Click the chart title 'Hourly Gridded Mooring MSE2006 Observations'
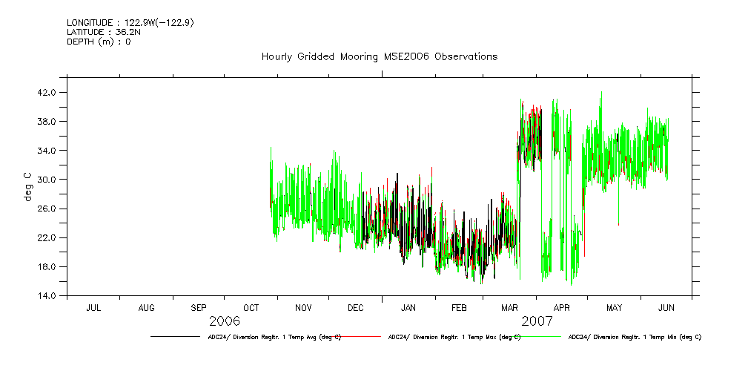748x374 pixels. click(x=379, y=57)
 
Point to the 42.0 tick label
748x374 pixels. click(x=47, y=93)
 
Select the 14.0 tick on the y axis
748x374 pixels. click(x=47, y=296)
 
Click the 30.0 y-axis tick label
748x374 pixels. click(x=47, y=180)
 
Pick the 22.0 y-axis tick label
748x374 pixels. click(x=47, y=237)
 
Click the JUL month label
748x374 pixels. click(x=93, y=307)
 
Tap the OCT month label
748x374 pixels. click(x=251, y=307)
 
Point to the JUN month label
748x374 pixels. click(x=666, y=307)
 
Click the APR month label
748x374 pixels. click(x=562, y=307)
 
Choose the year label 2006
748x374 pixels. click(x=224, y=321)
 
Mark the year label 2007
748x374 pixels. click(x=537, y=321)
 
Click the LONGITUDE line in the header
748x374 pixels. click(x=130, y=23)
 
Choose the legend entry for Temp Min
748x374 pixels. click(x=635, y=337)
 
